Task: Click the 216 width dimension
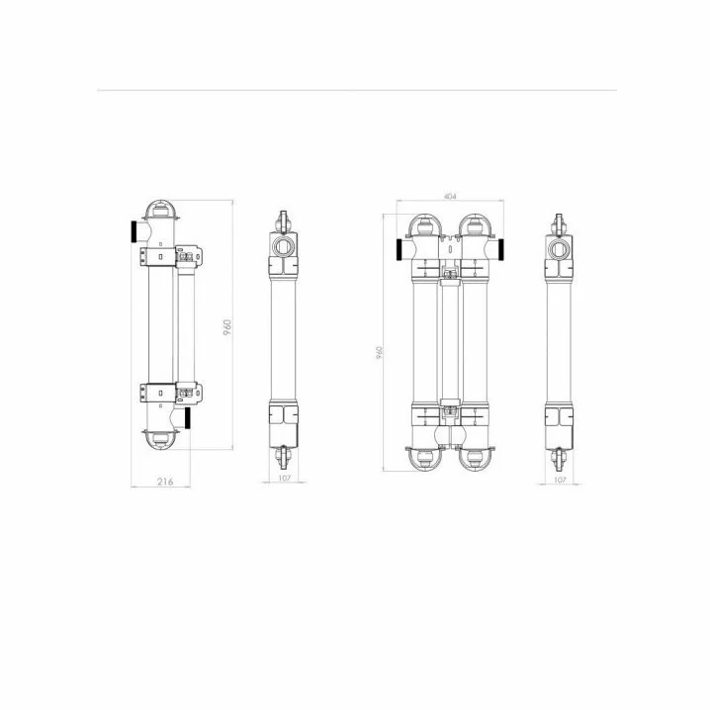tap(165, 482)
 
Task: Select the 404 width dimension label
tap(450, 196)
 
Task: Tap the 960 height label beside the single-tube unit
tap(227, 327)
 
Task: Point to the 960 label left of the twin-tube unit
tap(380, 353)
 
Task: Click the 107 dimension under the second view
tap(284, 478)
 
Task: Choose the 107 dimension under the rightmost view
tap(560, 480)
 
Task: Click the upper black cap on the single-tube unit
tap(134, 231)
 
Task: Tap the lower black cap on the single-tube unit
tap(187, 418)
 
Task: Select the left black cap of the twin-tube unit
tap(399, 249)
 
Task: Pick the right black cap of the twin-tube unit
tap(501, 249)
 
